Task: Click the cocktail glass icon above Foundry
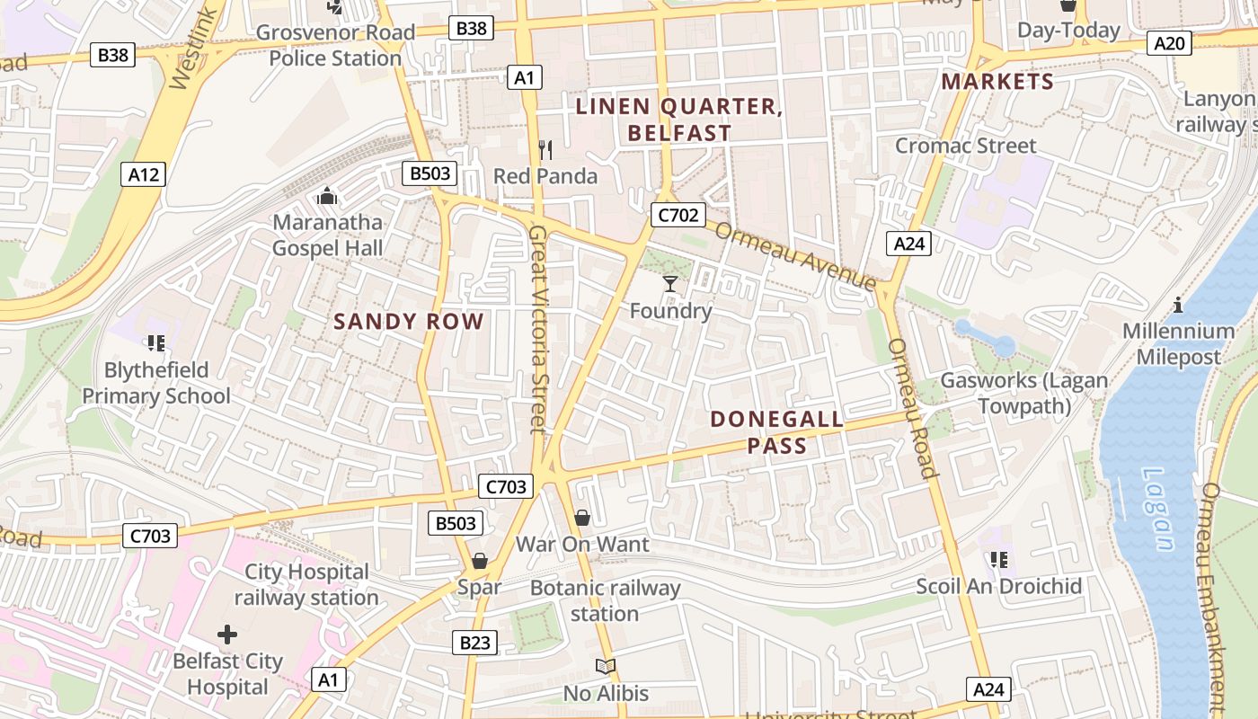tap(669, 285)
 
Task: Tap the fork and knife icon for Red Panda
tap(545, 149)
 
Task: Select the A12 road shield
tap(144, 174)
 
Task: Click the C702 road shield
tap(678, 215)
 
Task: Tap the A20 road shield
tap(1170, 42)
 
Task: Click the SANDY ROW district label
tap(409, 321)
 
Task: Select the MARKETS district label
tap(997, 82)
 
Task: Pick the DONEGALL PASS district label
tap(777, 431)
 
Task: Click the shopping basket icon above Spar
tap(480, 562)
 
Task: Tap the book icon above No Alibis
tap(606, 667)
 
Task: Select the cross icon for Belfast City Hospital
tap(227, 635)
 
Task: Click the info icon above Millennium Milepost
tap(1178, 305)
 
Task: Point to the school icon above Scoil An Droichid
tap(998, 560)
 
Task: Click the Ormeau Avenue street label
tap(795, 256)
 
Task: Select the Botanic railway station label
tap(605, 601)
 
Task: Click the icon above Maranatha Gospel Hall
tap(327, 196)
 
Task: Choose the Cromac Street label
tap(965, 146)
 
